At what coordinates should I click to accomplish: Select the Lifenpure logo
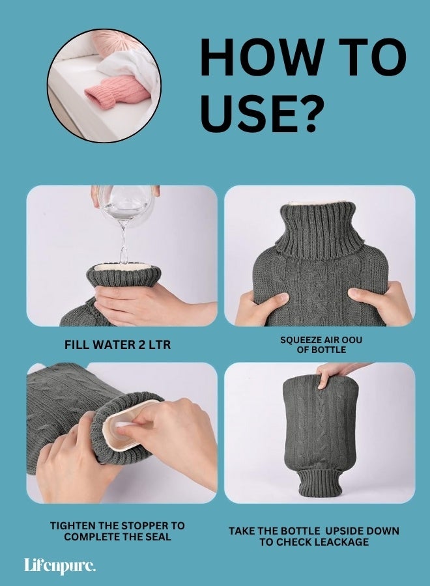(59, 565)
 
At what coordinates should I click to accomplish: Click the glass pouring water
(125, 202)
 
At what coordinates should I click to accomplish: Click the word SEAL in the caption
(158, 537)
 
